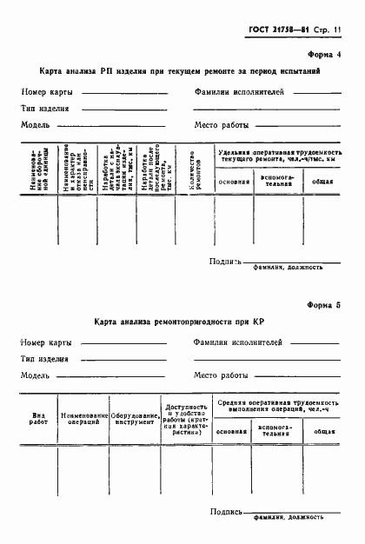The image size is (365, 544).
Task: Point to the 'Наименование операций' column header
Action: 84,419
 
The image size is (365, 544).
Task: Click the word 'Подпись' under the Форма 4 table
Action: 225,261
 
